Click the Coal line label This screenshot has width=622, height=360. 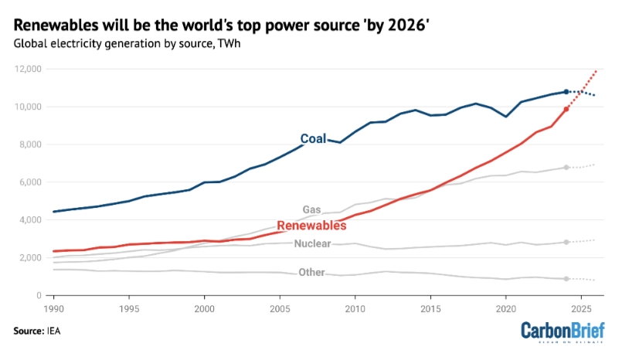313,139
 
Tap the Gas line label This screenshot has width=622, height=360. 311,209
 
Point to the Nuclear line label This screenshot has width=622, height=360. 312,244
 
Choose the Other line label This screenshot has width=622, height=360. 311,273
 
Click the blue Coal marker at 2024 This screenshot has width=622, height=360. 566,92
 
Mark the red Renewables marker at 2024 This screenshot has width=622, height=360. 566,109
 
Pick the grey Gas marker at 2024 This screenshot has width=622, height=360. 566,168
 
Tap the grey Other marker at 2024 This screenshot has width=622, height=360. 566,279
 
